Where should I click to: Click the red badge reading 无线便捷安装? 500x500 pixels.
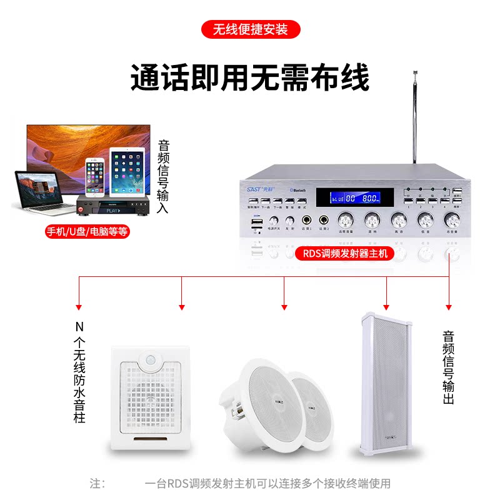250,29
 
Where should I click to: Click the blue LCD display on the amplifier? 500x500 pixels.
354,198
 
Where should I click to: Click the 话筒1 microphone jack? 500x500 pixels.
307,220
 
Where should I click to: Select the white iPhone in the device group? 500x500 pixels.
95,177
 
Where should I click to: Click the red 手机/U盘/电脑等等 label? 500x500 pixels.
87,231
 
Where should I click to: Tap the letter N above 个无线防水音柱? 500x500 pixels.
79,326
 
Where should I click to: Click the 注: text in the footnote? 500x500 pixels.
97,483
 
